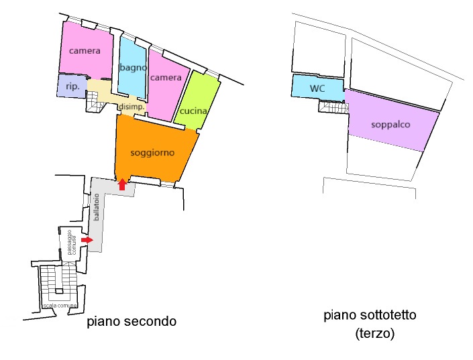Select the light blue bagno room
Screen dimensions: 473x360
pyautogui.click(x=132, y=68)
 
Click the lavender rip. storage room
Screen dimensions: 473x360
pyautogui.click(x=72, y=86)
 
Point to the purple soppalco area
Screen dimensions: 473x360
pyautogui.click(x=391, y=121)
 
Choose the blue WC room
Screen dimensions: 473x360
pyautogui.click(x=317, y=87)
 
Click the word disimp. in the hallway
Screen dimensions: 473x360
pyautogui.click(x=132, y=107)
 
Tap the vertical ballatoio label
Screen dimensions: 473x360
pyautogui.click(x=96, y=207)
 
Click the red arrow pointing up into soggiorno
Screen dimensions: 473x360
pyautogui.click(x=122, y=184)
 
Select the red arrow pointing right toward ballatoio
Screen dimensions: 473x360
pyautogui.click(x=87, y=240)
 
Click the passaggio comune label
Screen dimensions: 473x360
pyautogui.click(x=72, y=243)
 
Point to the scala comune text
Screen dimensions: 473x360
pyautogui.click(x=60, y=306)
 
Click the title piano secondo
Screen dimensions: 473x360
pyautogui.click(x=132, y=321)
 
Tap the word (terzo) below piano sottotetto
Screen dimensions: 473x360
pyautogui.click(x=374, y=334)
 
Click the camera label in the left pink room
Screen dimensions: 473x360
pyautogui.click(x=85, y=51)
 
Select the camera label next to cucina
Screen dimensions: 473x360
pyautogui.click(x=166, y=78)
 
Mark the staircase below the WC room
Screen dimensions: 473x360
pyautogui.click(x=334, y=107)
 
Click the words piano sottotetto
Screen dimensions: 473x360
pyautogui.click(x=370, y=315)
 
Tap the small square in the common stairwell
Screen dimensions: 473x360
pyautogui.click(x=59, y=291)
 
